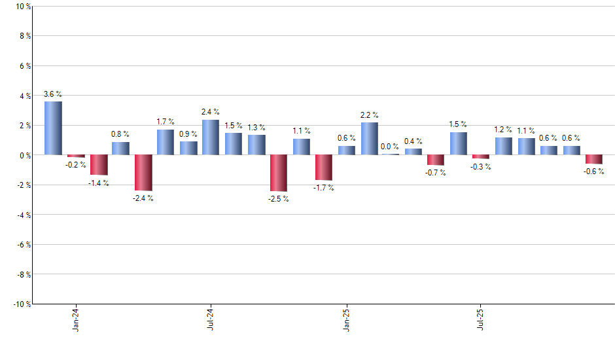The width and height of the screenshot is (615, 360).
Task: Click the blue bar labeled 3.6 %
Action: pyautogui.click(x=53, y=128)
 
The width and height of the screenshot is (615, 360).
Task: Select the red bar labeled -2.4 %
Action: pyautogui.click(x=143, y=173)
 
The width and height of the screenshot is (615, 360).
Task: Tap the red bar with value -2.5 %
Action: pyautogui.click(x=279, y=173)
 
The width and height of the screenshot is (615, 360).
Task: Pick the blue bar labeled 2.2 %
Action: pyautogui.click(x=369, y=139)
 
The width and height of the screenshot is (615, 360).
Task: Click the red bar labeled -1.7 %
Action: pyautogui.click(x=324, y=168)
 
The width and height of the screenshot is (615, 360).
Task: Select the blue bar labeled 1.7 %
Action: pyautogui.click(x=166, y=142)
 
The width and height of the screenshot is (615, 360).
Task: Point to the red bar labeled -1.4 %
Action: pyautogui.click(x=98, y=165)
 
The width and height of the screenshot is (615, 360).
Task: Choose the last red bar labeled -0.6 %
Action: pyautogui.click(x=594, y=160)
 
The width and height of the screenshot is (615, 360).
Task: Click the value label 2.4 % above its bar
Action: pyautogui.click(x=211, y=112)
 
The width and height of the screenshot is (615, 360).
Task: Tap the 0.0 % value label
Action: pyautogui.click(x=390, y=147)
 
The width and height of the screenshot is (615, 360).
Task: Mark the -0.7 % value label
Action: pyautogui.click(x=436, y=173)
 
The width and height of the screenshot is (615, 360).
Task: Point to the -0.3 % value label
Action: pyautogui.click(x=481, y=167)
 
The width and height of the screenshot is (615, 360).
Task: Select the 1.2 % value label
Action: pyautogui.click(x=503, y=130)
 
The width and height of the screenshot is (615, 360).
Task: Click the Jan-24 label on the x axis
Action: pyautogui.click(x=76, y=318)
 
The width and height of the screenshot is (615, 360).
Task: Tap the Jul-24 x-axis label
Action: pyautogui.click(x=211, y=318)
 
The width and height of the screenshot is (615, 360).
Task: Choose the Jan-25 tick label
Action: pyautogui.click(x=347, y=318)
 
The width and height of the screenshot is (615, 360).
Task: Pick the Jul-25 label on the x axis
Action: pyautogui.click(x=482, y=318)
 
